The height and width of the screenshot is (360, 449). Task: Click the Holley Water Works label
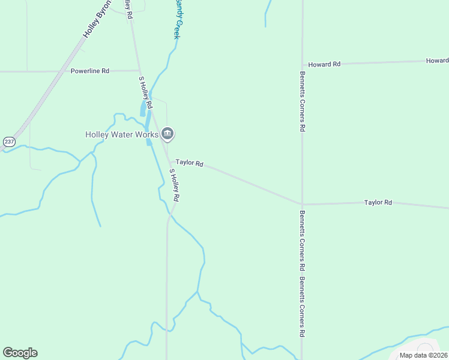121,134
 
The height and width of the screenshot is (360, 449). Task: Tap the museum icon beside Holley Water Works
167,134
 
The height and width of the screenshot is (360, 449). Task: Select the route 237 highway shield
9,142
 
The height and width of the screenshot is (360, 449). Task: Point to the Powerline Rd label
89,71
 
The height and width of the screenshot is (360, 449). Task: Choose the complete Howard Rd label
324,64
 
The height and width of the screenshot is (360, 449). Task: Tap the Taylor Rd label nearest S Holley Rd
190,163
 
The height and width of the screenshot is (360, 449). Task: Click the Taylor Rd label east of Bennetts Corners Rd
378,203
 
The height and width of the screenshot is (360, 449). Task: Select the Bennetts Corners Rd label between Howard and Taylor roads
303,102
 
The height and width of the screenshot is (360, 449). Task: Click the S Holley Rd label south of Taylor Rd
175,185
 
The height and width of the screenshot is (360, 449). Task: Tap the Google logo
20,353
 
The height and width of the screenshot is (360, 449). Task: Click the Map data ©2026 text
423,355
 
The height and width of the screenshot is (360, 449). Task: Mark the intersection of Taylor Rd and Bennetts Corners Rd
302,204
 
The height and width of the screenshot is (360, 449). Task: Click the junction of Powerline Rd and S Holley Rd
139,70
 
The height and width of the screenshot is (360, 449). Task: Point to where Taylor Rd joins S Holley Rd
169,161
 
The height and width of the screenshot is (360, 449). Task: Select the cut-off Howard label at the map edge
437,61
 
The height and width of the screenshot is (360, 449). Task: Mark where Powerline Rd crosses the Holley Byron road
61,71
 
